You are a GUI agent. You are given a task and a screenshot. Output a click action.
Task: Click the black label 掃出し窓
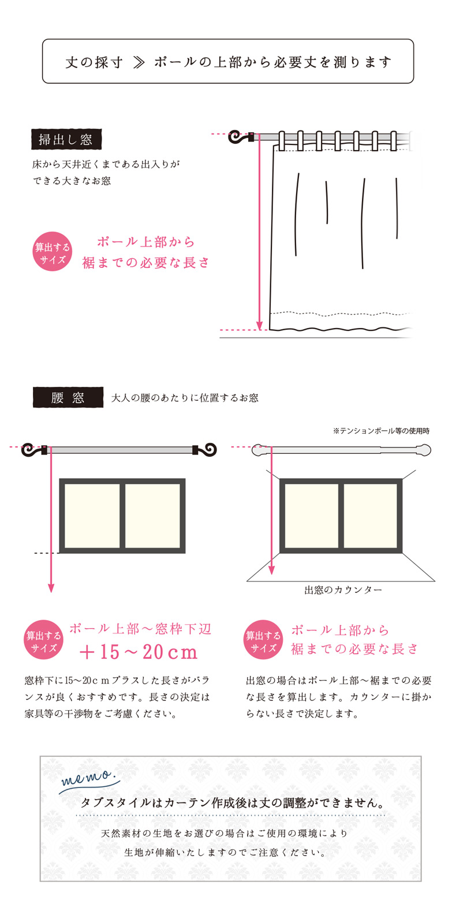pyautogui.click(x=66, y=139)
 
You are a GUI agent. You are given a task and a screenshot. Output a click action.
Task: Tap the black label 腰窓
pyautogui.click(x=68, y=397)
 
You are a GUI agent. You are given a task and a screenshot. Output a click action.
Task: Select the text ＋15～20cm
pyautogui.click(x=139, y=652)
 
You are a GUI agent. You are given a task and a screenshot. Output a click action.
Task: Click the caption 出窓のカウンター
pyautogui.click(x=343, y=589)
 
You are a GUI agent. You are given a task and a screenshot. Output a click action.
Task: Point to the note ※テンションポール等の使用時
pyautogui.click(x=381, y=431)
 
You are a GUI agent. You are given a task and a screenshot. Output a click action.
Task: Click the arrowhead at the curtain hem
pyautogui.click(x=259, y=326)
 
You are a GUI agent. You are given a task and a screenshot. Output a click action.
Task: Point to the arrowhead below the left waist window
pyautogui.click(x=51, y=588)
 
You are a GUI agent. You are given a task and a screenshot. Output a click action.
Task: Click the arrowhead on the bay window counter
pyautogui.click(x=271, y=570)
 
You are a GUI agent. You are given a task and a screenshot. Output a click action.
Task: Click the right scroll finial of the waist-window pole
pyautogui.click(x=207, y=450)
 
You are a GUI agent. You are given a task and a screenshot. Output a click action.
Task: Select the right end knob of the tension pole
pyautogui.click(x=424, y=450)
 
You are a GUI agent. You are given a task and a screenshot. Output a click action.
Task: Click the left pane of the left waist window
pyautogui.click(x=92, y=516)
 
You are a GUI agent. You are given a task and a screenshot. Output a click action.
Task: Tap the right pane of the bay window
pyautogui.click(x=371, y=516)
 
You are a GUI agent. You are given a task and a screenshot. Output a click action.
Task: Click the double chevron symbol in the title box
pyautogui.click(x=139, y=62)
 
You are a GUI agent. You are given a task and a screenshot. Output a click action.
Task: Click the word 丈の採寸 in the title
pyautogui.click(x=94, y=62)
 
